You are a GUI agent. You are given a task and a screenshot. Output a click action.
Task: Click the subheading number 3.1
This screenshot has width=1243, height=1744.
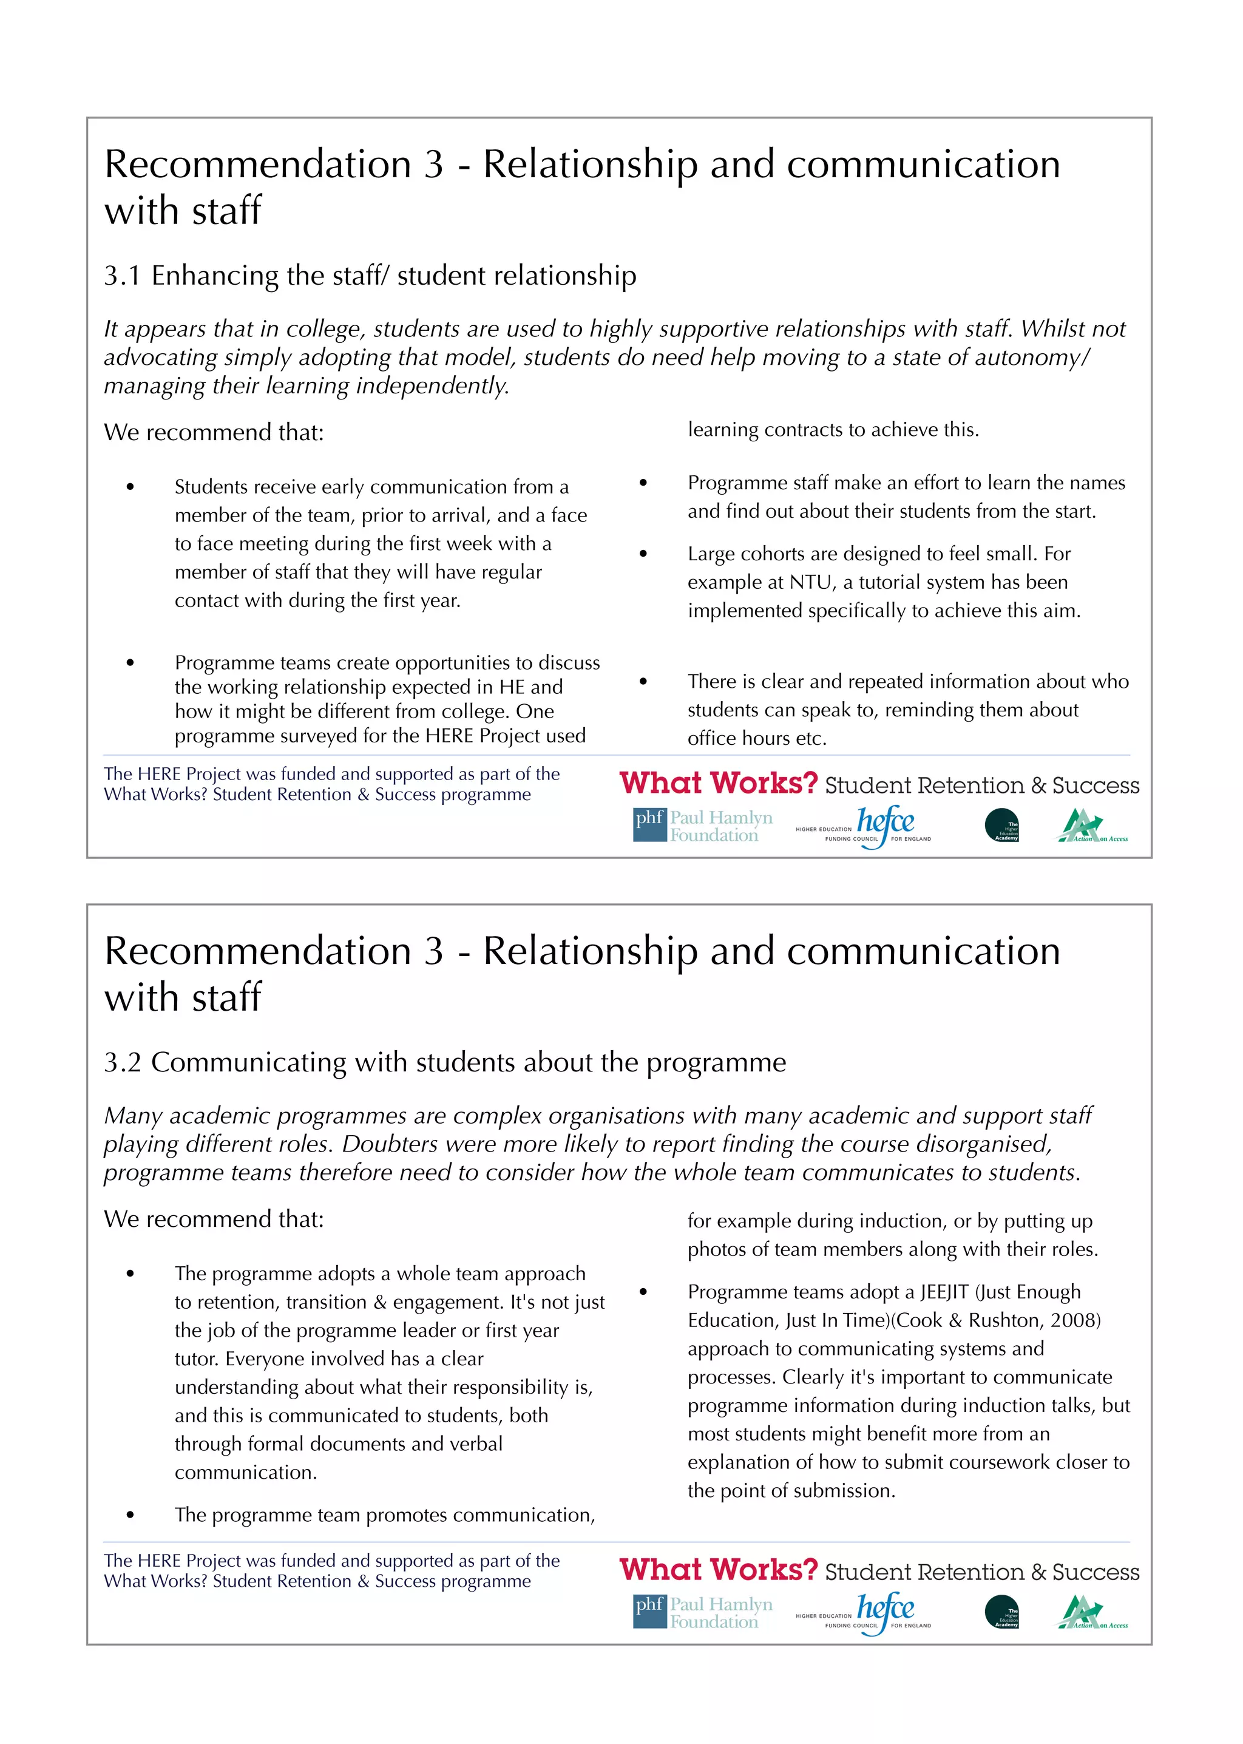[123, 276]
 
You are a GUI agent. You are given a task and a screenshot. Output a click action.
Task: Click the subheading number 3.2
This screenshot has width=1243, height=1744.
[123, 1063]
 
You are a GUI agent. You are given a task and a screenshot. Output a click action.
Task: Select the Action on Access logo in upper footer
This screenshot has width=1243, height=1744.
[1092, 826]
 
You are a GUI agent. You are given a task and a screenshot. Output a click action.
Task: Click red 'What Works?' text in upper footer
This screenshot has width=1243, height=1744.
[718, 783]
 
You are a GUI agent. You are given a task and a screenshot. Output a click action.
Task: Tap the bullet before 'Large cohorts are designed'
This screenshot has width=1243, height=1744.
[643, 554]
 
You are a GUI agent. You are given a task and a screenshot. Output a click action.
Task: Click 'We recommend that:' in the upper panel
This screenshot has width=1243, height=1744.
[214, 433]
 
